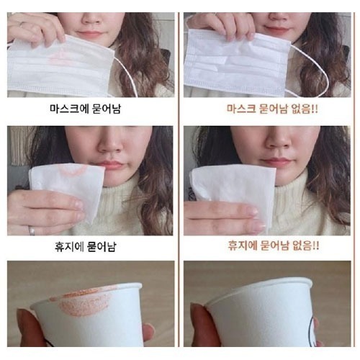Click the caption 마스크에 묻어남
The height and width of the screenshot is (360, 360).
point(85,109)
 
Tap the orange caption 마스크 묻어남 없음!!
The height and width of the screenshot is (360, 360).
point(272,109)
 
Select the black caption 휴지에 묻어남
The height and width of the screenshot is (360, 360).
point(85,246)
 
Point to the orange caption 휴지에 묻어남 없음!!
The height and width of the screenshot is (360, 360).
point(274,246)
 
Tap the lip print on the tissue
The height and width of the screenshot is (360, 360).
point(72,170)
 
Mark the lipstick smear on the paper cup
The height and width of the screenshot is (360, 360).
point(81,302)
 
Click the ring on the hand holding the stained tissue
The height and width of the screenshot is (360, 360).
point(32,230)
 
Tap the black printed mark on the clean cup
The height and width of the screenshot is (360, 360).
point(312,329)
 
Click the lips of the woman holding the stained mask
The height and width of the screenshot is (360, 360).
point(90,34)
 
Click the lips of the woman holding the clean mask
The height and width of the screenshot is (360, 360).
point(276,30)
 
